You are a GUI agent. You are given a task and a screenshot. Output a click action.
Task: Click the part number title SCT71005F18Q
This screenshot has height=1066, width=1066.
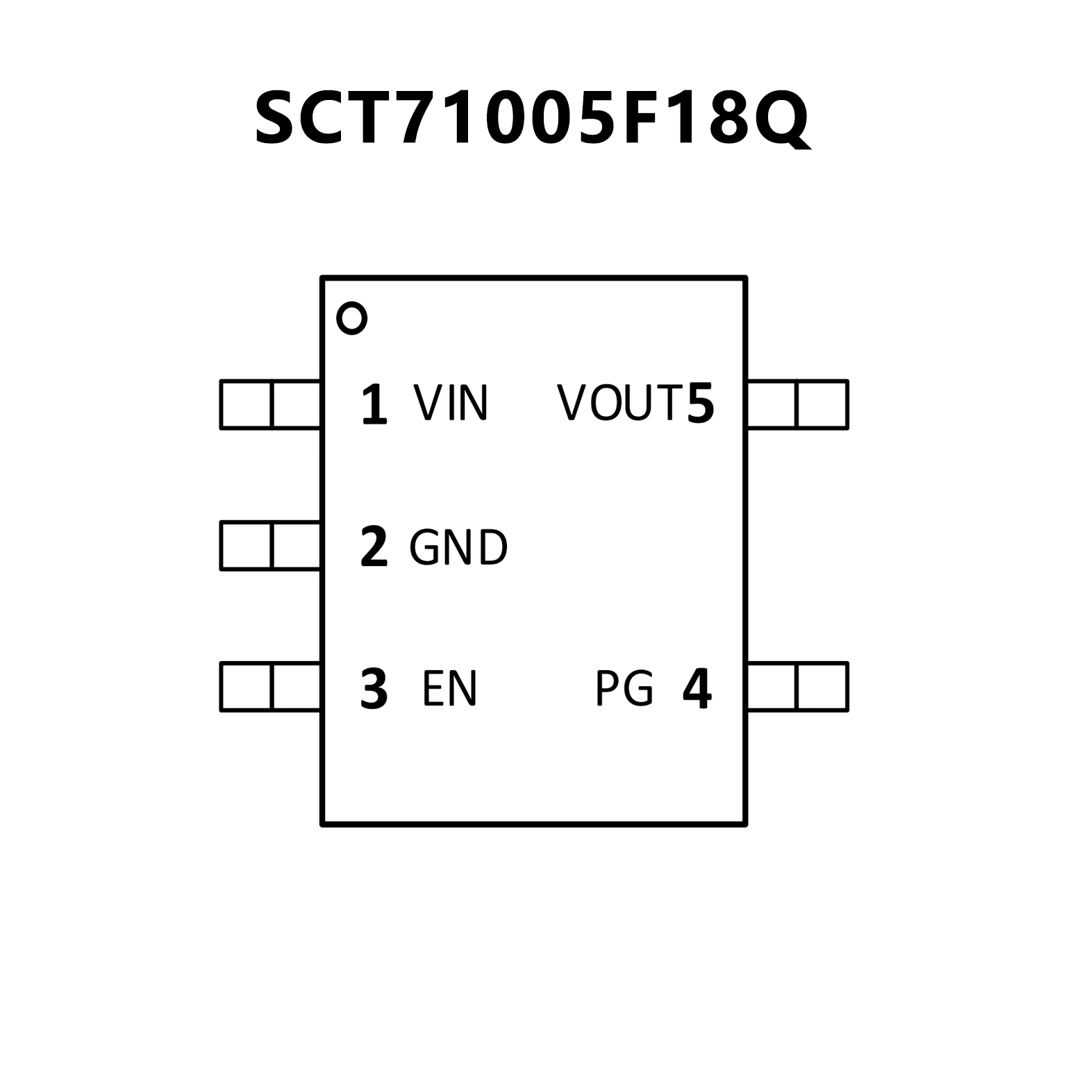(x=532, y=119)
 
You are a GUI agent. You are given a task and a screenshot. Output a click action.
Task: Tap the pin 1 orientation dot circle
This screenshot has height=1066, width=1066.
(x=351, y=319)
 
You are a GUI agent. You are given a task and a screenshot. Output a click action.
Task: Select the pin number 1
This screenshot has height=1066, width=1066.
(x=374, y=404)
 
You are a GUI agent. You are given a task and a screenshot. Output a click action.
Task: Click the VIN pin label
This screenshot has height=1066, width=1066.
(x=451, y=403)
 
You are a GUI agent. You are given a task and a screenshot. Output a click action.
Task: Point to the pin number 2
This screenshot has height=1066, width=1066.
(x=374, y=547)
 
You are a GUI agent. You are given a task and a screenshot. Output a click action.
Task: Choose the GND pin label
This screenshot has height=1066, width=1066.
(x=458, y=547)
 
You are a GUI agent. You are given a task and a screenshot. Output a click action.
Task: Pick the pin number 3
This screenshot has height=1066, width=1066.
(x=374, y=689)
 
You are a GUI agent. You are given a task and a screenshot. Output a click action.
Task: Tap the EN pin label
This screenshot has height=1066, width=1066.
(x=449, y=688)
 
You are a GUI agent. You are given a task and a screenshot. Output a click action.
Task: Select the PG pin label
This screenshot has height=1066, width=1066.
(x=624, y=688)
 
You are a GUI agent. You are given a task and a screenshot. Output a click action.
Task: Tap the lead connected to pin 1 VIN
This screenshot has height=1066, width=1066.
(x=270, y=404)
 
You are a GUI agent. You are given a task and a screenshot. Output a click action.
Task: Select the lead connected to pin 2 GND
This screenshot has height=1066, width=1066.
(x=270, y=546)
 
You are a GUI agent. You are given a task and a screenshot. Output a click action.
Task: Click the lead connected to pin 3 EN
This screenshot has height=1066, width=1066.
(x=270, y=687)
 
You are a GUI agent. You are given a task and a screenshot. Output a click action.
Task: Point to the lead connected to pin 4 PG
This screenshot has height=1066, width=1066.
(x=797, y=687)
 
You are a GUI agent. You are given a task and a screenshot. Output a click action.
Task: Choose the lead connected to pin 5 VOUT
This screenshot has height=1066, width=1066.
(x=797, y=404)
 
